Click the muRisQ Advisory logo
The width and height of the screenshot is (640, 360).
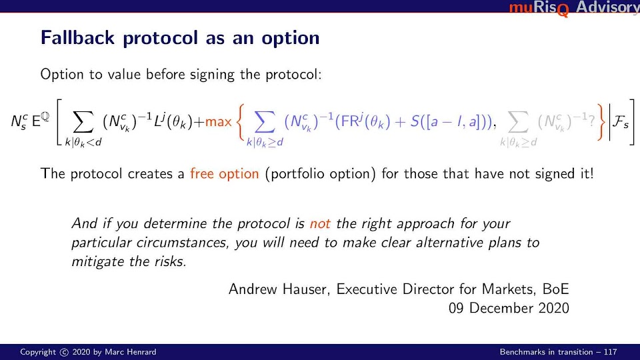574,8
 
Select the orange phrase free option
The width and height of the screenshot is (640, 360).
224,173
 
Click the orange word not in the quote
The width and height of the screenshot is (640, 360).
320,224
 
